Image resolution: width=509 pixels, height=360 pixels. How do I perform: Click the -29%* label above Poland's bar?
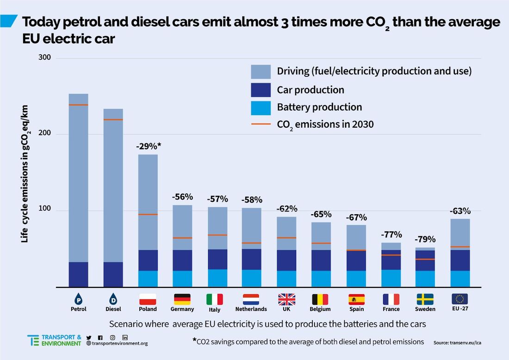click(x=148, y=146)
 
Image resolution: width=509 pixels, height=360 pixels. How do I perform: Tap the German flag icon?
click(x=182, y=299)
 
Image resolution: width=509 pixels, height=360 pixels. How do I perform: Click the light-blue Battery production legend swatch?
click(x=261, y=107)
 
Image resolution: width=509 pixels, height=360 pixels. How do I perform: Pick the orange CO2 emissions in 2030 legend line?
click(x=261, y=124)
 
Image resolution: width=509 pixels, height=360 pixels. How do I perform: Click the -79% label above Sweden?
click(x=425, y=239)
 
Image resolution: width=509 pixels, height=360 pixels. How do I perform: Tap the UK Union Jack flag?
click(x=286, y=299)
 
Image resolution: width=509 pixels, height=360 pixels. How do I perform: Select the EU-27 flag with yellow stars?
click(x=459, y=298)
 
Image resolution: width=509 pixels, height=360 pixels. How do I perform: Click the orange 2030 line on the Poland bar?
click(x=148, y=214)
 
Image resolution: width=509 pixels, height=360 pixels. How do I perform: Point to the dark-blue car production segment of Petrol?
click(x=78, y=274)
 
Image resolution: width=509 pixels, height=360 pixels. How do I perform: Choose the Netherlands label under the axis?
click(x=251, y=309)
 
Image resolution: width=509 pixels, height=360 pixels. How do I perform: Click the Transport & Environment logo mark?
click(x=33, y=340)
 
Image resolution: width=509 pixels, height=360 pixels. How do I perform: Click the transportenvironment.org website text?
click(x=120, y=343)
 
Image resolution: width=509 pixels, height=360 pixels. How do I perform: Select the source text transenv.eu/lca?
click(x=460, y=343)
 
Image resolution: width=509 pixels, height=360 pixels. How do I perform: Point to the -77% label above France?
click(x=391, y=234)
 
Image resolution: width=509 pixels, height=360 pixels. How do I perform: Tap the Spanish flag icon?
click(x=357, y=299)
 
